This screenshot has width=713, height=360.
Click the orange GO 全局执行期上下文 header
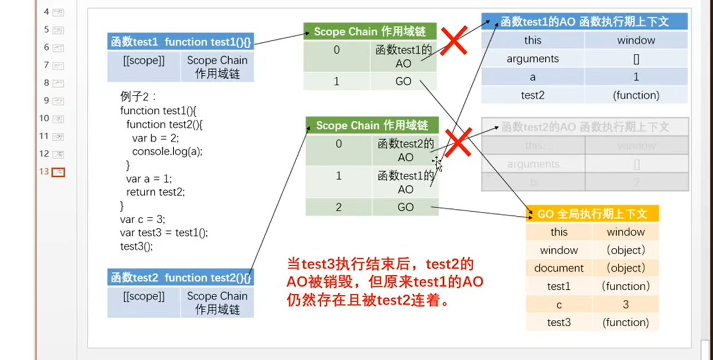[592, 214]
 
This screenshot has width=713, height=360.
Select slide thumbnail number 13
[58, 172]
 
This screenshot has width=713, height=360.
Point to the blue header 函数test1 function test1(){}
[180, 42]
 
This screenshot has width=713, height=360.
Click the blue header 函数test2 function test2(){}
[180, 278]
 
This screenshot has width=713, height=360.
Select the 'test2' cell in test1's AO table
[533, 95]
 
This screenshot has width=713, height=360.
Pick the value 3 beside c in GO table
[625, 304]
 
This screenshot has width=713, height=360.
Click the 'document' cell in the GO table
[559, 268]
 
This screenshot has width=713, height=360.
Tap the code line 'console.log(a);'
[167, 152]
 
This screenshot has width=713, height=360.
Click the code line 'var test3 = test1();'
[164, 233]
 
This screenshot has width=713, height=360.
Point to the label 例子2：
[138, 97]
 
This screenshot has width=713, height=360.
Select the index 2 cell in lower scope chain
[338, 207]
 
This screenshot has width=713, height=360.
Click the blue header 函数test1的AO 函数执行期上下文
[584, 22]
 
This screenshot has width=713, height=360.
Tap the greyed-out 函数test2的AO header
[585, 127]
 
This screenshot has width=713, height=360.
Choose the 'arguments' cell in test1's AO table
[533, 58]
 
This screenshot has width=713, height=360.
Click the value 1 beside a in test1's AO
[636, 77]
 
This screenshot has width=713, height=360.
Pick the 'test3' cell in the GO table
[559, 322]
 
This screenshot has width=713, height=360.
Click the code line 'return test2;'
[155, 192]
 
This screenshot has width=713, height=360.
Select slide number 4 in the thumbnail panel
[58, 12]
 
